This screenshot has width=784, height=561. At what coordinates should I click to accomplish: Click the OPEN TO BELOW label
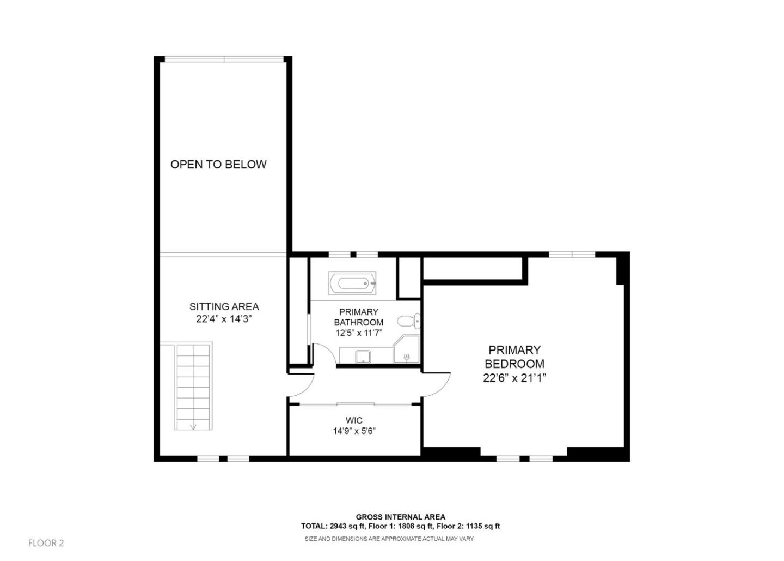pyautogui.click(x=218, y=164)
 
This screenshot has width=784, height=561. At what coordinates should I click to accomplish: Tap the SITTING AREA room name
pyautogui.click(x=224, y=306)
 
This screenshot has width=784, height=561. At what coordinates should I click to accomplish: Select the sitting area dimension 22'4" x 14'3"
pyautogui.click(x=224, y=319)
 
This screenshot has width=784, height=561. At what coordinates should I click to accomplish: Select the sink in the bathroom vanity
pyautogui.click(x=363, y=357)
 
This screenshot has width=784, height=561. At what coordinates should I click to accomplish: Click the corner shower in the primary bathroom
pyautogui.click(x=407, y=351)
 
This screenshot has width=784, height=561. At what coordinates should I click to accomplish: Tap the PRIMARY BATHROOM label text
pyautogui.click(x=358, y=317)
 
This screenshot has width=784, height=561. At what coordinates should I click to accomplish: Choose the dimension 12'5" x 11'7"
pyautogui.click(x=358, y=333)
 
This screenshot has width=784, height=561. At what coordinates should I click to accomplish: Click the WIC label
pyautogui.click(x=354, y=420)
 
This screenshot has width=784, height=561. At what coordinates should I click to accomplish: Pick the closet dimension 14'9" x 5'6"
pyautogui.click(x=354, y=431)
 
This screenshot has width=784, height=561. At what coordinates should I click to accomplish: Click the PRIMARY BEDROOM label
pyautogui.click(x=514, y=357)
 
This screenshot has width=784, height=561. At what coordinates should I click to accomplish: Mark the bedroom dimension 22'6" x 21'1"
pyautogui.click(x=514, y=378)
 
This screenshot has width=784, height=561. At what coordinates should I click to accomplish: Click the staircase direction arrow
pyautogui.click(x=193, y=426)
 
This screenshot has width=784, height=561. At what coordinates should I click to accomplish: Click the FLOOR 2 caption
pyautogui.click(x=46, y=543)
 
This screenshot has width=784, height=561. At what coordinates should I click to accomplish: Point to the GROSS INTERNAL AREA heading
pyautogui.click(x=400, y=517)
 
